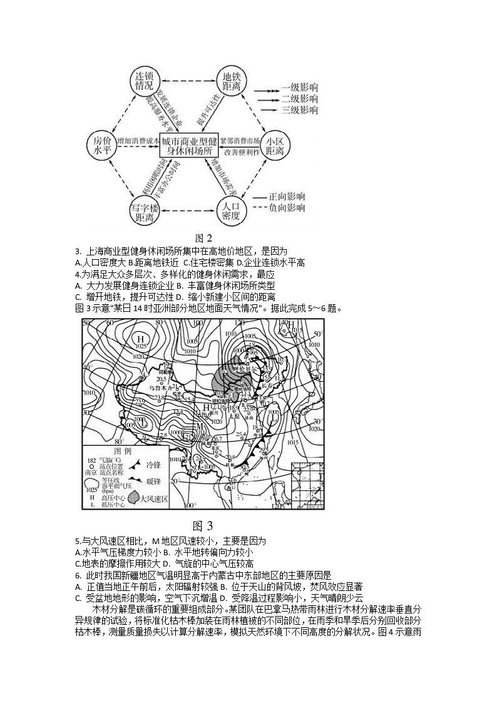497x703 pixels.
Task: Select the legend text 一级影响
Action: pos(299,87)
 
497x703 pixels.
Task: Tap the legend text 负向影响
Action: pos(287,208)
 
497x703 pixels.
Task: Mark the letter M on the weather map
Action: pos(201,426)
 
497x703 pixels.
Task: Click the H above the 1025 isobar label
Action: pos(141,339)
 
